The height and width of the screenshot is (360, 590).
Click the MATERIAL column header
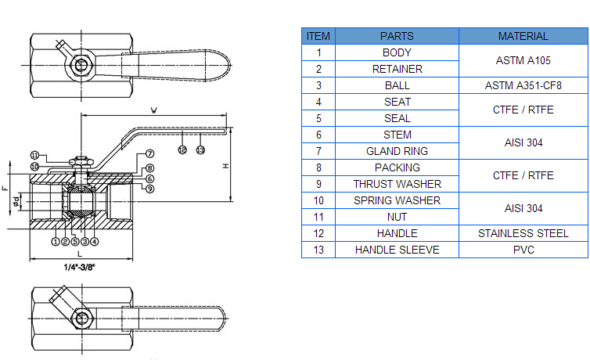(x=523, y=36)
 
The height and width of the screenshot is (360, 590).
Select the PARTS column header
(x=397, y=36)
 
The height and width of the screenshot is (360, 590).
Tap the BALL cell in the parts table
(x=397, y=85)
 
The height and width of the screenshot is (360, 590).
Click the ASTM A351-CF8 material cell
(x=523, y=85)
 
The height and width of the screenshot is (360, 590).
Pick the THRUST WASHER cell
(x=397, y=184)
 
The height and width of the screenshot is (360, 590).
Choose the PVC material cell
(x=523, y=250)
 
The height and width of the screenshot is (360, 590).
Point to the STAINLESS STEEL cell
(x=523, y=233)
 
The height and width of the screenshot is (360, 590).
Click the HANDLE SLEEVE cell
(x=397, y=250)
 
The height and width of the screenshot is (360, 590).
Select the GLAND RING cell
(x=397, y=151)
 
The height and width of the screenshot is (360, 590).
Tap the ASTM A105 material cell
(x=523, y=60)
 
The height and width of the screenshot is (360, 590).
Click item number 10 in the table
(x=318, y=200)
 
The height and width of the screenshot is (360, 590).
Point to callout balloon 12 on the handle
(x=182, y=149)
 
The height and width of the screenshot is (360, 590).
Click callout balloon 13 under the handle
(x=200, y=149)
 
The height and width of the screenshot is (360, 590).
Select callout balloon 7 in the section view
(x=149, y=153)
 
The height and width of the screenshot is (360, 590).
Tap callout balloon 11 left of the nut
(x=34, y=156)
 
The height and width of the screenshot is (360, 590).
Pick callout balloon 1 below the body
(x=56, y=242)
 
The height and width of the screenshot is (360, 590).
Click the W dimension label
(x=153, y=110)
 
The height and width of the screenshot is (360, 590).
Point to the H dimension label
(x=225, y=166)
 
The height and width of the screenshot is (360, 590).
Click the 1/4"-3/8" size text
(x=79, y=267)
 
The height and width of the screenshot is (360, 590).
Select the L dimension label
(x=79, y=254)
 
